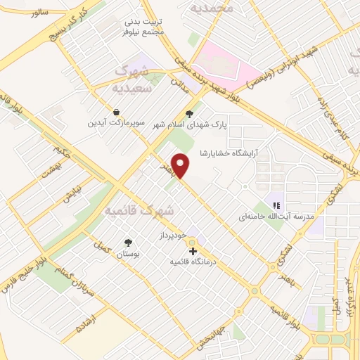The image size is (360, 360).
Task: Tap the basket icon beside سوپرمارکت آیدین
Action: pos(115,112)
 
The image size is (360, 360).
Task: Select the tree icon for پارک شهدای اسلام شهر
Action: pos(188,113)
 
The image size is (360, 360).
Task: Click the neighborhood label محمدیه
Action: pos(214,8)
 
